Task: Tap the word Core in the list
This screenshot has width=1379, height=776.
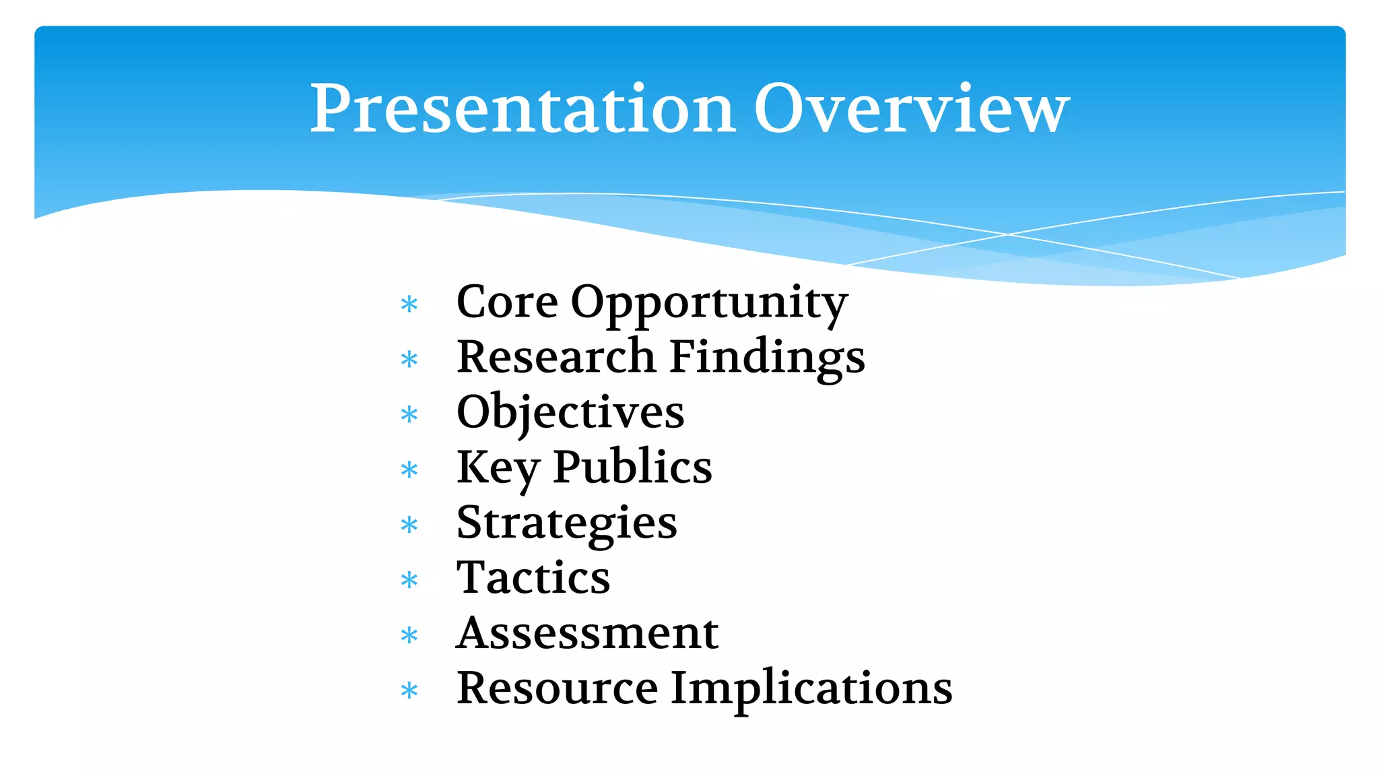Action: click(506, 302)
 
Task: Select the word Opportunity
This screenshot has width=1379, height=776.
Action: click(709, 304)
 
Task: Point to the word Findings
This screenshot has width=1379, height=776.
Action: click(768, 359)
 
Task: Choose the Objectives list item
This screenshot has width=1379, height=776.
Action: click(570, 413)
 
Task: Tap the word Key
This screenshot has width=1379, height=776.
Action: click(497, 468)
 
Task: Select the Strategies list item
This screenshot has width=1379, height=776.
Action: click(566, 524)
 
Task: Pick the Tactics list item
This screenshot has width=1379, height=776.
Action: click(533, 578)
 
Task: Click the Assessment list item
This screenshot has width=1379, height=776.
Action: click(587, 633)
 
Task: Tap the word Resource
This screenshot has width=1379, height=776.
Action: click(557, 688)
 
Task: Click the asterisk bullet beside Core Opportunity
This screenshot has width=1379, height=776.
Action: click(409, 304)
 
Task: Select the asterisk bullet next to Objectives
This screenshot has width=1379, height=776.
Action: click(409, 415)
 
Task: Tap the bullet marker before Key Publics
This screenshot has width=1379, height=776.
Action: click(409, 470)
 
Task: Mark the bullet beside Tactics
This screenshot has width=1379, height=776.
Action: click(409, 581)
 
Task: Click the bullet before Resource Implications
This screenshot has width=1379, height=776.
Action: click(409, 691)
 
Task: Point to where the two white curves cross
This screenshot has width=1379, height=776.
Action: click(1008, 234)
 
